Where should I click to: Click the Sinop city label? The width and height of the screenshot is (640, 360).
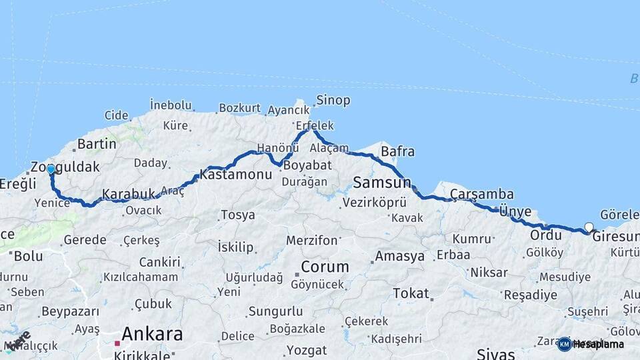[x=333, y=101]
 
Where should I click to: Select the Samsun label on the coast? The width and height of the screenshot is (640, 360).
[x=382, y=182]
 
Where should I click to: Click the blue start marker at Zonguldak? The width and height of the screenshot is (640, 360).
[x=51, y=169]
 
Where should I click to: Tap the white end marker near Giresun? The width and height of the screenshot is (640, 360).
[x=589, y=227]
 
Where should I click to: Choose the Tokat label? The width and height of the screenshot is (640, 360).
[x=411, y=293]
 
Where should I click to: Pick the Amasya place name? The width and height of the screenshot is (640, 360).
[x=399, y=257]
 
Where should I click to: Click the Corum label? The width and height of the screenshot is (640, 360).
[x=325, y=267]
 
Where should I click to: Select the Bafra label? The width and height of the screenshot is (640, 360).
[x=397, y=151]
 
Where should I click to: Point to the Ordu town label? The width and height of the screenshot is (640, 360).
[x=546, y=235]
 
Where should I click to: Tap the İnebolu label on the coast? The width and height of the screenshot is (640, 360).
[x=171, y=105]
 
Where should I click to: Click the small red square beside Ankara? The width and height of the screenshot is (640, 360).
[x=117, y=343]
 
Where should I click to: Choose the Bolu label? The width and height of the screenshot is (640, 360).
[x=28, y=255]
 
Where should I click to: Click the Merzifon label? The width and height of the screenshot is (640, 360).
[x=312, y=240]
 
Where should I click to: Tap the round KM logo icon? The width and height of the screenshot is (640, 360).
[x=564, y=344]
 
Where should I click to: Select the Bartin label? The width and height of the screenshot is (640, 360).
[x=97, y=144]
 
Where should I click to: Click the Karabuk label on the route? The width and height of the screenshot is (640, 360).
[x=128, y=195]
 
